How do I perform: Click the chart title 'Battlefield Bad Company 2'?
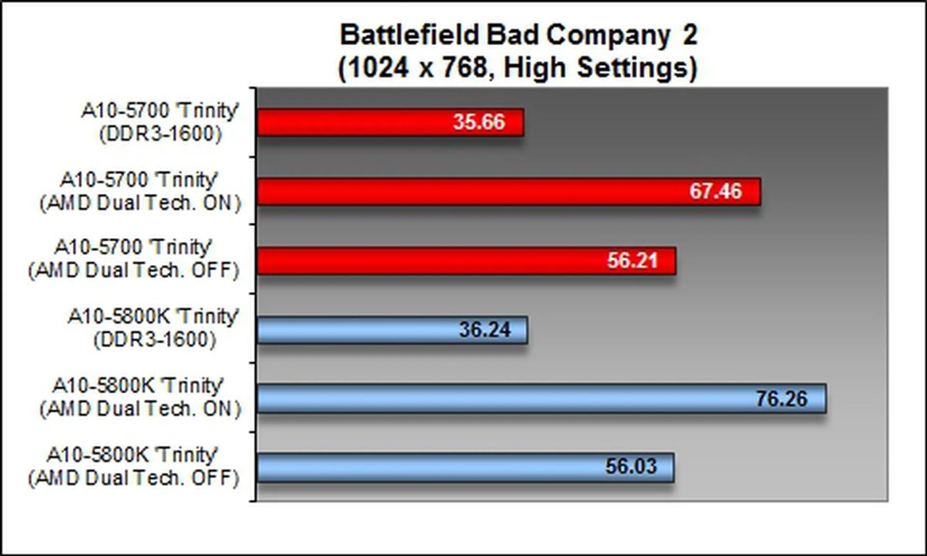pos(519,35)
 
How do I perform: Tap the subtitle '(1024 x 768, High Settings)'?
pos(518,67)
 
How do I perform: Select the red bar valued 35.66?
pos(390,122)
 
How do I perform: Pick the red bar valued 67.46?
pos(509,192)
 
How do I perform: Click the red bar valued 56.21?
pos(466,261)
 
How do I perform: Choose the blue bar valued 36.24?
pos(392,330)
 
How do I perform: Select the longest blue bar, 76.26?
pos(542,399)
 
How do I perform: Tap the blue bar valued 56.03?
pos(465,467)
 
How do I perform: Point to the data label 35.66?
pos(479,122)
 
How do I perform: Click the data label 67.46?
pos(716,191)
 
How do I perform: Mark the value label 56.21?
pos(632,261)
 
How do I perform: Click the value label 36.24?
pos(485,330)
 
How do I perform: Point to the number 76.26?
pos(782,399)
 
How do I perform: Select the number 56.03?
pos(632,467)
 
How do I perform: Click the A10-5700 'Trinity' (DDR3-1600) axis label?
pos(160,122)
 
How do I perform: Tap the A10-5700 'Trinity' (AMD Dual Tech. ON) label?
pos(140,192)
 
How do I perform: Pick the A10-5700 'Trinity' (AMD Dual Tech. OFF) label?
pos(134,259)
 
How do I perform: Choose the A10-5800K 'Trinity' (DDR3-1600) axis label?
pos(154,328)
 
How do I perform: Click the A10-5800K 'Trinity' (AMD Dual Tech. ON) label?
pos(140,397)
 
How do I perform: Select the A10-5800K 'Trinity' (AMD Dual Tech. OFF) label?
pos(134,467)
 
